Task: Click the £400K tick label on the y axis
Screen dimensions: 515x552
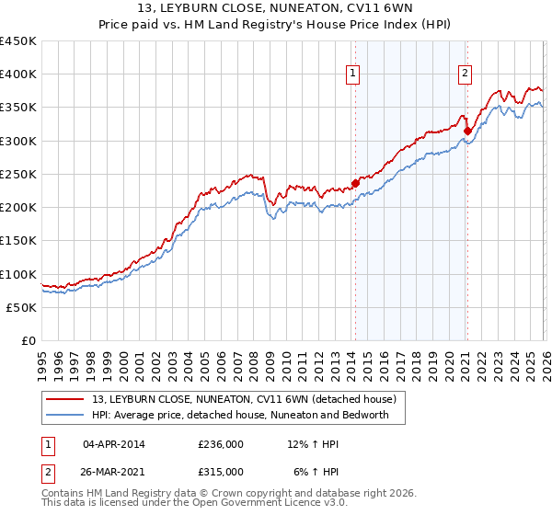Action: (x=18, y=74)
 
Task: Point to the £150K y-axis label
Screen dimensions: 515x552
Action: (x=18, y=241)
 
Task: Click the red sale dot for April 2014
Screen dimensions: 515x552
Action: (x=355, y=182)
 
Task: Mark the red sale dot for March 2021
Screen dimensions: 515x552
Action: (x=467, y=130)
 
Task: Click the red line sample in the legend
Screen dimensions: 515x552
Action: (x=66, y=399)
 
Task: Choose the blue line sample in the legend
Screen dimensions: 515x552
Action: (x=66, y=415)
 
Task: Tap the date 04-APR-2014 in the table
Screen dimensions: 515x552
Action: (x=114, y=444)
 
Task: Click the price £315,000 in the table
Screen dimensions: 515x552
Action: (x=221, y=471)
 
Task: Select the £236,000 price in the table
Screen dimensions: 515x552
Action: (x=221, y=444)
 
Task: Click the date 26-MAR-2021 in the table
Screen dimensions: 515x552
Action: (x=114, y=471)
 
